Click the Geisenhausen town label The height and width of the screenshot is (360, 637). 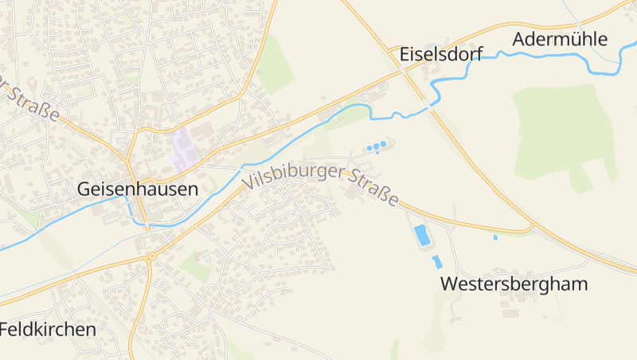click(137, 190)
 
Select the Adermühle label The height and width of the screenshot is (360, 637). click(560, 39)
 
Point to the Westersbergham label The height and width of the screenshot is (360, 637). click(514, 284)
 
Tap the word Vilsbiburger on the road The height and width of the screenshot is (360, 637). click(295, 176)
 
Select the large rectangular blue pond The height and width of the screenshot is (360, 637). click(421, 235)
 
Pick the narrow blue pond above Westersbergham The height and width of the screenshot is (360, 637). click(436, 261)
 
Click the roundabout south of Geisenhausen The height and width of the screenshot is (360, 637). click(151, 256)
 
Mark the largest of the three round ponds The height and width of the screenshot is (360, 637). click(383, 144)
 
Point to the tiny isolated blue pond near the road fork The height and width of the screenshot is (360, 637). click(495, 237)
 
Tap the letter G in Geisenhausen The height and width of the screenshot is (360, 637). click(84, 190)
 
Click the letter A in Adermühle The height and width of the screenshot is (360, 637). click(521, 39)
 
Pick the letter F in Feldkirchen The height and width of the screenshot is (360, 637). click(5, 329)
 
